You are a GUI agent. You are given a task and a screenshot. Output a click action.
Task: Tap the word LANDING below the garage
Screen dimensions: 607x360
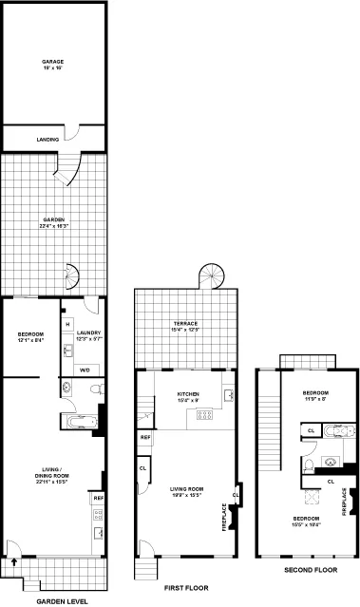(x=48, y=140)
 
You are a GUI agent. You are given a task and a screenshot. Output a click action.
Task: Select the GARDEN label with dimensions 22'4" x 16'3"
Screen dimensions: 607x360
(x=53, y=221)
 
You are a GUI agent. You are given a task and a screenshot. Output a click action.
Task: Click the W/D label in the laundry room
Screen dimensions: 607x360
(x=84, y=370)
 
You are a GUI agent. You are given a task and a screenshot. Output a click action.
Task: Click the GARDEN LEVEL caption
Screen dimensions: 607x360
(x=63, y=601)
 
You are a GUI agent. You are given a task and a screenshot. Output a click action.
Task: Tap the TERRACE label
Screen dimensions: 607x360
(x=185, y=325)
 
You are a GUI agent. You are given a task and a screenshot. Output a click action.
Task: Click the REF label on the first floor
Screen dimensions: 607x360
(x=145, y=437)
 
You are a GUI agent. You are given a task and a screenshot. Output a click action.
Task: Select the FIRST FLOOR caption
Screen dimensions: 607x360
(x=194, y=589)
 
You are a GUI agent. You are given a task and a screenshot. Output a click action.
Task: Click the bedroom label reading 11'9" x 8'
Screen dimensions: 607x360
(x=314, y=396)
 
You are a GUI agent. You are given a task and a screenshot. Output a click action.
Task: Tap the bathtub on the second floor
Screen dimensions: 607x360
(x=332, y=430)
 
